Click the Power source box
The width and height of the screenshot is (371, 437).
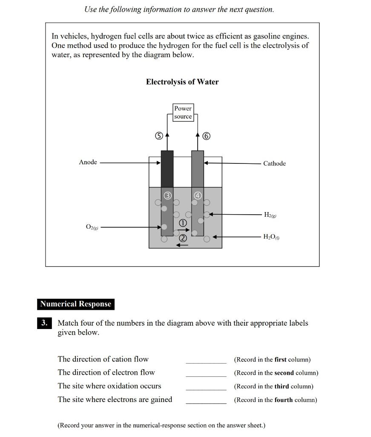pyautogui.click(x=183, y=112)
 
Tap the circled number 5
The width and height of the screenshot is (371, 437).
pyautogui.click(x=158, y=136)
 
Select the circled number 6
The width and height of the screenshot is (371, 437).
pyautogui.click(x=207, y=136)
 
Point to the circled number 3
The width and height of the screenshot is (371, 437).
pyautogui.click(x=167, y=195)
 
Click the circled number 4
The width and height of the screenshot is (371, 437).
pyautogui.click(x=198, y=195)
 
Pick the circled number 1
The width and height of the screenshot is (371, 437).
pyautogui.click(x=182, y=223)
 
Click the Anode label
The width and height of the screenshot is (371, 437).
pyautogui.click(x=88, y=162)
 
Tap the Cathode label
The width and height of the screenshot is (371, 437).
pyautogui.click(x=274, y=163)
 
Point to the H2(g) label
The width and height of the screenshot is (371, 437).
pyautogui.click(x=270, y=215)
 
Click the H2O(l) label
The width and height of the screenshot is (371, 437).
pyautogui.click(x=272, y=237)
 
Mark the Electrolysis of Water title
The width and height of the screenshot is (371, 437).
pyautogui.click(x=182, y=82)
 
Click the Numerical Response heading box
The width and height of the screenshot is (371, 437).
pyautogui.click(x=75, y=304)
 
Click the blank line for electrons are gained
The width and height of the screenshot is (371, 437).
pyautogui.click(x=206, y=403)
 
